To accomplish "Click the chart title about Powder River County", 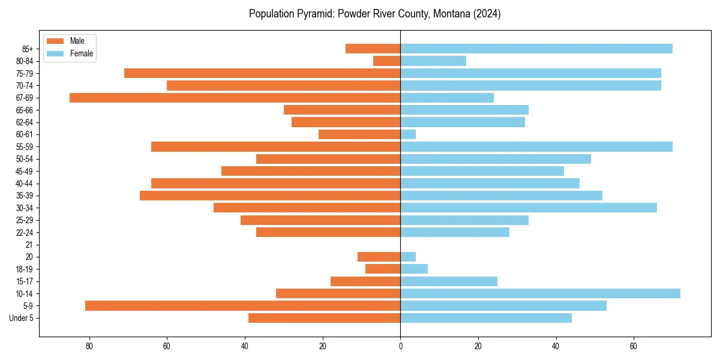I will coord(374,14).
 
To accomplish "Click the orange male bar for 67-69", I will coord(235,98).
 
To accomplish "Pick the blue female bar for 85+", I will coord(536,49).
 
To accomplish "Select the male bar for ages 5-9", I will coord(242,306).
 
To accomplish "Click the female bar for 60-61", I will coord(408,134).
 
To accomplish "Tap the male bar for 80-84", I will coord(386,61).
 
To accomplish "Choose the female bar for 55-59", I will coord(536,146).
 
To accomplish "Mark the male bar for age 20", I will coord(379,257).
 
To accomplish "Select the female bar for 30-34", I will coord(528,208).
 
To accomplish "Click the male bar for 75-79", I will coord(262,73).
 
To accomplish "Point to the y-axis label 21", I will coord(29,245).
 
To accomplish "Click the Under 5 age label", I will coord(22,318).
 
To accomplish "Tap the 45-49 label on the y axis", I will coord(24,171).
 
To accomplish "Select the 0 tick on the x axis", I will coord(400,346).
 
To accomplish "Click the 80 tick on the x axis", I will coord(89,346).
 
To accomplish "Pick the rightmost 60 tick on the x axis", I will coord(634,346).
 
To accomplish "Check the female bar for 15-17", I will coord(448,281).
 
